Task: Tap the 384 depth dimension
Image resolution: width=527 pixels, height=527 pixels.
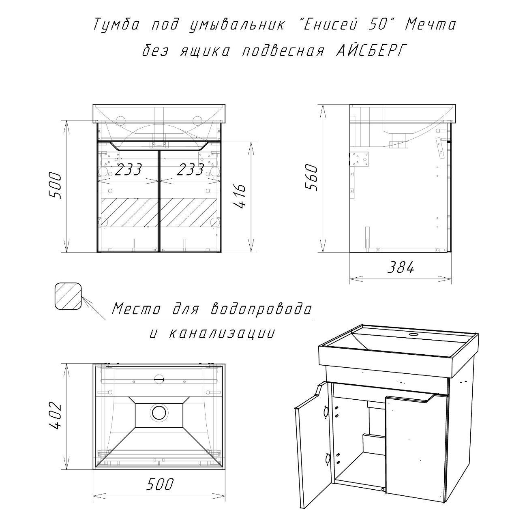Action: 401,267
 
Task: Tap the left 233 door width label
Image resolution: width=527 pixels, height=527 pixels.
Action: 128,170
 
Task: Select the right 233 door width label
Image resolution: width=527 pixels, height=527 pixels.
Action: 191,170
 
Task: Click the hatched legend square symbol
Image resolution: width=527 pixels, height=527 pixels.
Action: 69,296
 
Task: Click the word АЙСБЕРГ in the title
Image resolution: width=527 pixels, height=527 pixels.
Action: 369,51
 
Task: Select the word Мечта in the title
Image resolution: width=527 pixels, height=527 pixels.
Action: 431,25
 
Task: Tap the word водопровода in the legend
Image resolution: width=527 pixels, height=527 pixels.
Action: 261,309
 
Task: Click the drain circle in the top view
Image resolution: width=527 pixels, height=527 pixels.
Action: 158,413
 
